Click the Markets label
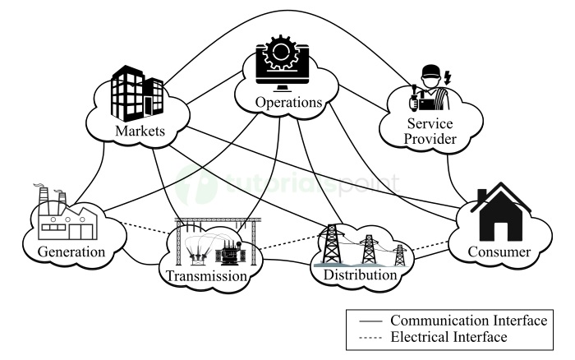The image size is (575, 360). coord(140,132)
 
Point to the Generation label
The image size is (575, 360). coord(71,251)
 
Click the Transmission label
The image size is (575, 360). coord(207,276)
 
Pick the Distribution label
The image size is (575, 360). coord(360,275)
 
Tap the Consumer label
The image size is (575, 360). coord(500,252)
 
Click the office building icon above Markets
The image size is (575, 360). coord(136,90)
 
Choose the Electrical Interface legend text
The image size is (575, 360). coord(448,336)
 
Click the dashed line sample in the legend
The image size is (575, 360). coord(366,337)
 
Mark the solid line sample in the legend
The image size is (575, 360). coord(366,321)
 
